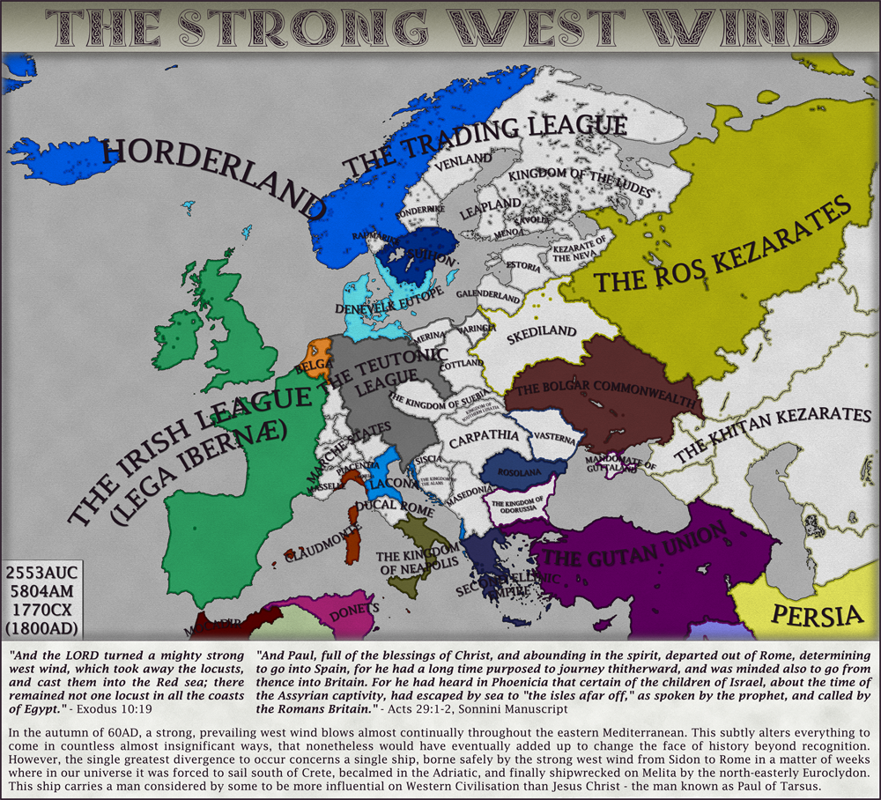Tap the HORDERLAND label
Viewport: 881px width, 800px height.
pyautogui.click(x=211, y=177)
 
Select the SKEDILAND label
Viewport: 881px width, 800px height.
pyautogui.click(x=542, y=333)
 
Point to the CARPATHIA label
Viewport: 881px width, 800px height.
pyautogui.click(x=484, y=435)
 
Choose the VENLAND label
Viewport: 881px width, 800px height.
pyautogui.click(x=465, y=159)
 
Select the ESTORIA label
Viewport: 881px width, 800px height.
pyautogui.click(x=522, y=265)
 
